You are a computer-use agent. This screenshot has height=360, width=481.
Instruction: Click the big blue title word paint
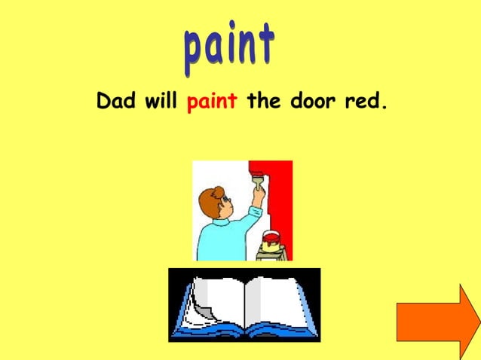click(228, 47)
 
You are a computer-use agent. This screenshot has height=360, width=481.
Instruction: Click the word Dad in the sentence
click(115, 101)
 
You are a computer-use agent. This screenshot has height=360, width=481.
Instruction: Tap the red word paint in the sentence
click(213, 102)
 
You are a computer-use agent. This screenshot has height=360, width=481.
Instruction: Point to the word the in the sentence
click(263, 101)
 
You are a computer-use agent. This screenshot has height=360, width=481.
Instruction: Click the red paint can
click(271, 240)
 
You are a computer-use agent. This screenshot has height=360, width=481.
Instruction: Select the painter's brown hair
click(210, 201)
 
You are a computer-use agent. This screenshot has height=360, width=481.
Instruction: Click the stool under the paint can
click(270, 255)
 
